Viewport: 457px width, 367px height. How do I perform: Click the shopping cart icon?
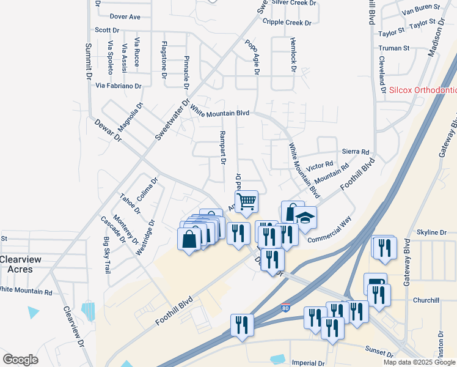(x=246, y=201)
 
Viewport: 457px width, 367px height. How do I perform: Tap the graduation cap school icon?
(x=305, y=217)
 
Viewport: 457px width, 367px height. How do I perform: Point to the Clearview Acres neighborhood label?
(x=21, y=265)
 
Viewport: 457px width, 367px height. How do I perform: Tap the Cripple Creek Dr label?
(x=287, y=23)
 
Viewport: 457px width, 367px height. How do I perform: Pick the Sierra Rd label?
(x=356, y=152)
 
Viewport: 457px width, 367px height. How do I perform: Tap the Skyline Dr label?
(x=431, y=232)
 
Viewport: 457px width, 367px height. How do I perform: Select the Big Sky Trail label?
(x=108, y=255)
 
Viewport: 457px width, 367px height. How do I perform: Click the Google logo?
(x=20, y=359)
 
